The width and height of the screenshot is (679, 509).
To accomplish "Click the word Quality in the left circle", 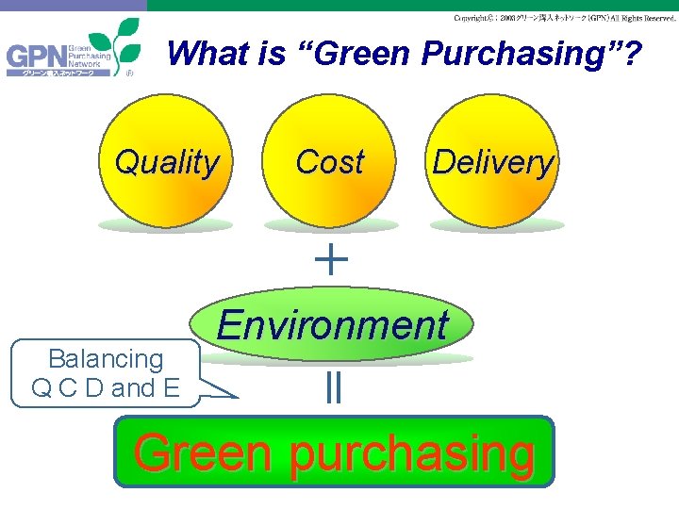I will pos(166,162).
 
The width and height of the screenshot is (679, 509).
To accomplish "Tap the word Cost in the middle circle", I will pos(329,162).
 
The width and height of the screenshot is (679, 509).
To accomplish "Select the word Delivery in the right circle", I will pos(493,162).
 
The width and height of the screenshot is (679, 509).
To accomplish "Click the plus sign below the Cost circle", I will pos(331,257).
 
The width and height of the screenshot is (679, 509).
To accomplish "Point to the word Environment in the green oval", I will pos(332,326).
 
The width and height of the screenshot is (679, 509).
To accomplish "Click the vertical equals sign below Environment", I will pos(332,387).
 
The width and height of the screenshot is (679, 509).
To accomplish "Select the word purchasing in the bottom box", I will pos(411,454).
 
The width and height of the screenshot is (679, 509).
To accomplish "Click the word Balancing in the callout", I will pos(105,359).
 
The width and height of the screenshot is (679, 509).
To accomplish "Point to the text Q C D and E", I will pos(105,387).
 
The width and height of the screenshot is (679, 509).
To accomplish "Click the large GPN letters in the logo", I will pos(35,58).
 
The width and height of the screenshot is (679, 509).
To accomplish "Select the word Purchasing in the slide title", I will pos(518,55).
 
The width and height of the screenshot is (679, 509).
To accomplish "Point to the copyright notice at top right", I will pos(564,18).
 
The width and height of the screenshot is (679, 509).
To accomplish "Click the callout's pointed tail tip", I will pos(238,397).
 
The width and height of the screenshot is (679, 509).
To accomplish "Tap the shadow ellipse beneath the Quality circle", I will pos(166,225).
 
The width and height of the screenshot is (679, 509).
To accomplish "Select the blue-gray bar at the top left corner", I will pos(73,5).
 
